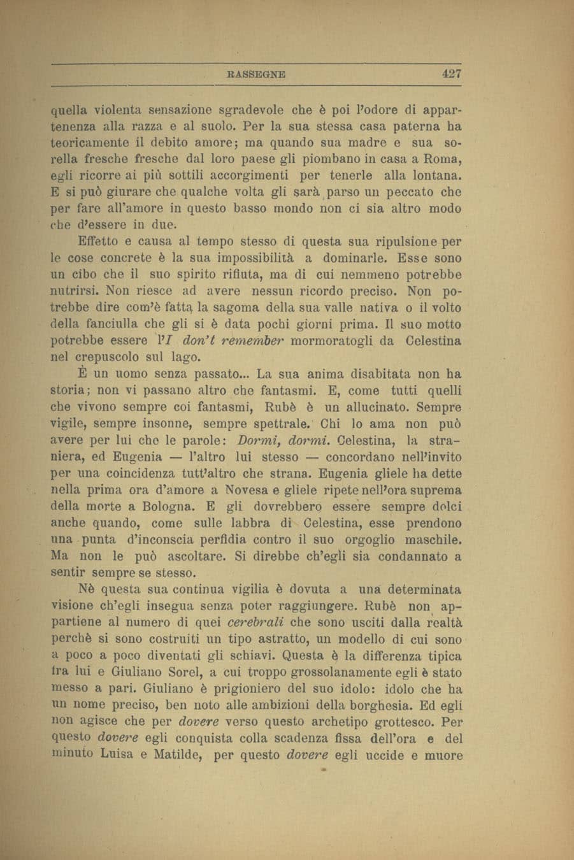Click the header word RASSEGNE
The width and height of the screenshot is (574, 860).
(257, 75)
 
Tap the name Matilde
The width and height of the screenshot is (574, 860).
(176, 756)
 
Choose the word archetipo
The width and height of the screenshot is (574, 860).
(333, 722)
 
